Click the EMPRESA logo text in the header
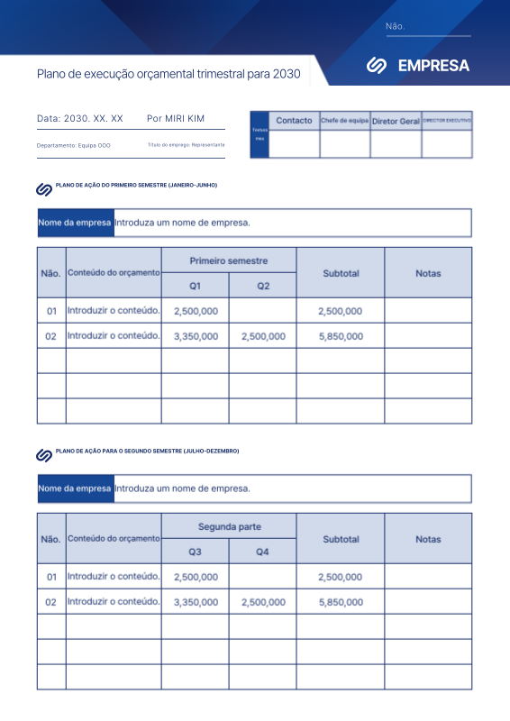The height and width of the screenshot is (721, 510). click(x=433, y=66)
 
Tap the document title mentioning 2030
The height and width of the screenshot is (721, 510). click(x=168, y=74)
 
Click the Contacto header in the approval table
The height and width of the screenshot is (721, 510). click(x=294, y=121)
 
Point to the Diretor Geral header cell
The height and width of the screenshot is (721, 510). click(x=396, y=121)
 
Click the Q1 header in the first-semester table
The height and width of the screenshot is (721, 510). click(x=195, y=286)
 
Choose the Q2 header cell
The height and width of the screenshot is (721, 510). click(x=262, y=286)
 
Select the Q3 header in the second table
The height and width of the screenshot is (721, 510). click(x=195, y=552)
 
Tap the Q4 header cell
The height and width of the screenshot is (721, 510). click(x=262, y=552)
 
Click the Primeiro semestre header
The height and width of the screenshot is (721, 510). click(x=228, y=260)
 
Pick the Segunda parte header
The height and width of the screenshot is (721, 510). click(x=228, y=526)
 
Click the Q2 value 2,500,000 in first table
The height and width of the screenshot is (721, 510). click(x=263, y=336)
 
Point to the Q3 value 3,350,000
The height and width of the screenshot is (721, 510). click(x=196, y=602)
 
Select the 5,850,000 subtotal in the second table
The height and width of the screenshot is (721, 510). click(x=341, y=602)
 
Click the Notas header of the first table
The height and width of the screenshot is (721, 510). click(x=428, y=273)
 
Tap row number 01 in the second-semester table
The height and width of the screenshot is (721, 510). click(x=51, y=577)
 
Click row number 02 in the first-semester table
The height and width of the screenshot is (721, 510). click(x=51, y=336)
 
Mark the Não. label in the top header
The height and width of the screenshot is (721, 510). click(x=395, y=27)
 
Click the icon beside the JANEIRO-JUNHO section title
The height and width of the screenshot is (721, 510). click(x=43, y=189)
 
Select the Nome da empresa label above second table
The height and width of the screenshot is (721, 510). click(x=75, y=488)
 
